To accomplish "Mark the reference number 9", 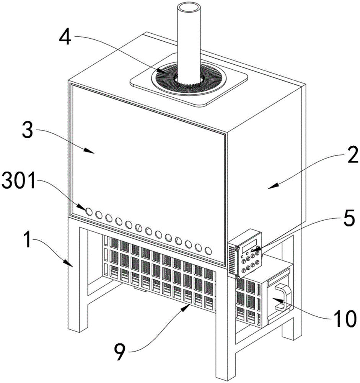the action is pos(119,352).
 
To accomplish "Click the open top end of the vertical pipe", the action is pos(190,8).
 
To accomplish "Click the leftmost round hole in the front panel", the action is pos(88,211).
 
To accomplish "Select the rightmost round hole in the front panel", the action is pos(208,251).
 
